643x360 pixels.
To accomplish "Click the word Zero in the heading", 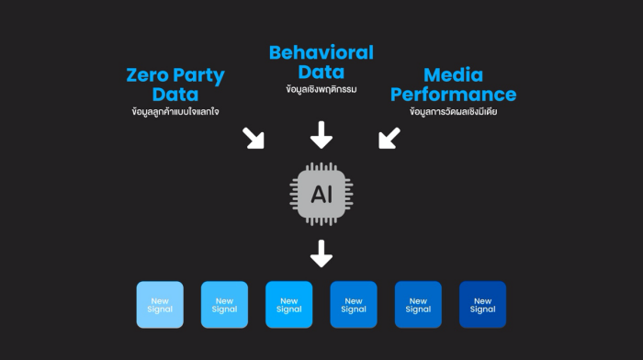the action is pos(148,75).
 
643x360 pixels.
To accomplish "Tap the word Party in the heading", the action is pos(199,76).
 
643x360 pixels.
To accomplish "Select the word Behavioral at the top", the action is pos(321,53).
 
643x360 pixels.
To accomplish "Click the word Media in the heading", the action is pos(453,75).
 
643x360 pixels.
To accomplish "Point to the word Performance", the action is pos(453,96).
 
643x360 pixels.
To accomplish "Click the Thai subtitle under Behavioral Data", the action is pos(321,89).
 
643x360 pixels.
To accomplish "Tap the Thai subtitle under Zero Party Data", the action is pos(175,111).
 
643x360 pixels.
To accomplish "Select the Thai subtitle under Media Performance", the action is pos(453,111).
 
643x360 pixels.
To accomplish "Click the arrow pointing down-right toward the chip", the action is pos(254,138).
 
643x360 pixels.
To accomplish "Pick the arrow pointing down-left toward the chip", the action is pos(389,138).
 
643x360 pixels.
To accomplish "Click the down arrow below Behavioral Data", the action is pos(321,135).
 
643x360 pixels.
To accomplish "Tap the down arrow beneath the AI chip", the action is pos(321,253).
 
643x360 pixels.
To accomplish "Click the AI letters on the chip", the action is pos(321,195).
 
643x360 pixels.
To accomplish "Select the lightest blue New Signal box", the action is pos(160,305).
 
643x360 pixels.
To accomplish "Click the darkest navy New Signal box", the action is pos(482,305).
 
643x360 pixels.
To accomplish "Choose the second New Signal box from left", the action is pos(224,305).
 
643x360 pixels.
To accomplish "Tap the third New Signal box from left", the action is pos(289,305).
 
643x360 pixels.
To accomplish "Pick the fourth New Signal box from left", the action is pos(354,305).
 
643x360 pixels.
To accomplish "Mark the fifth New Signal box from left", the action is pos(418,305).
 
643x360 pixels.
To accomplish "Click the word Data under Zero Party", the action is pos(175,95).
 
